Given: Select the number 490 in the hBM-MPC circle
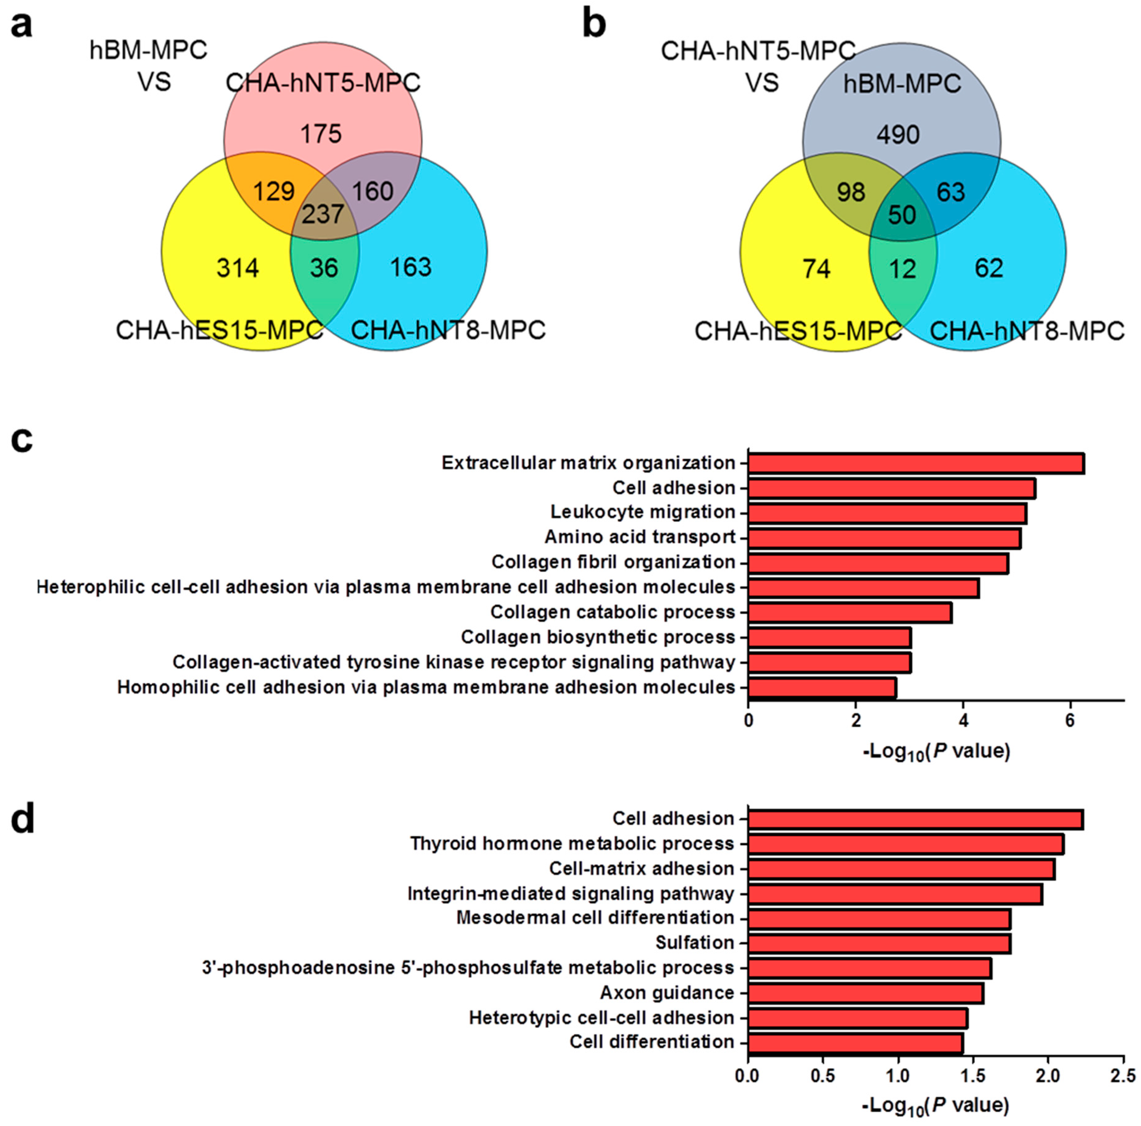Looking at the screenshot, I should tap(898, 135).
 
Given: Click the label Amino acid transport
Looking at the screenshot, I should tap(640, 537).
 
